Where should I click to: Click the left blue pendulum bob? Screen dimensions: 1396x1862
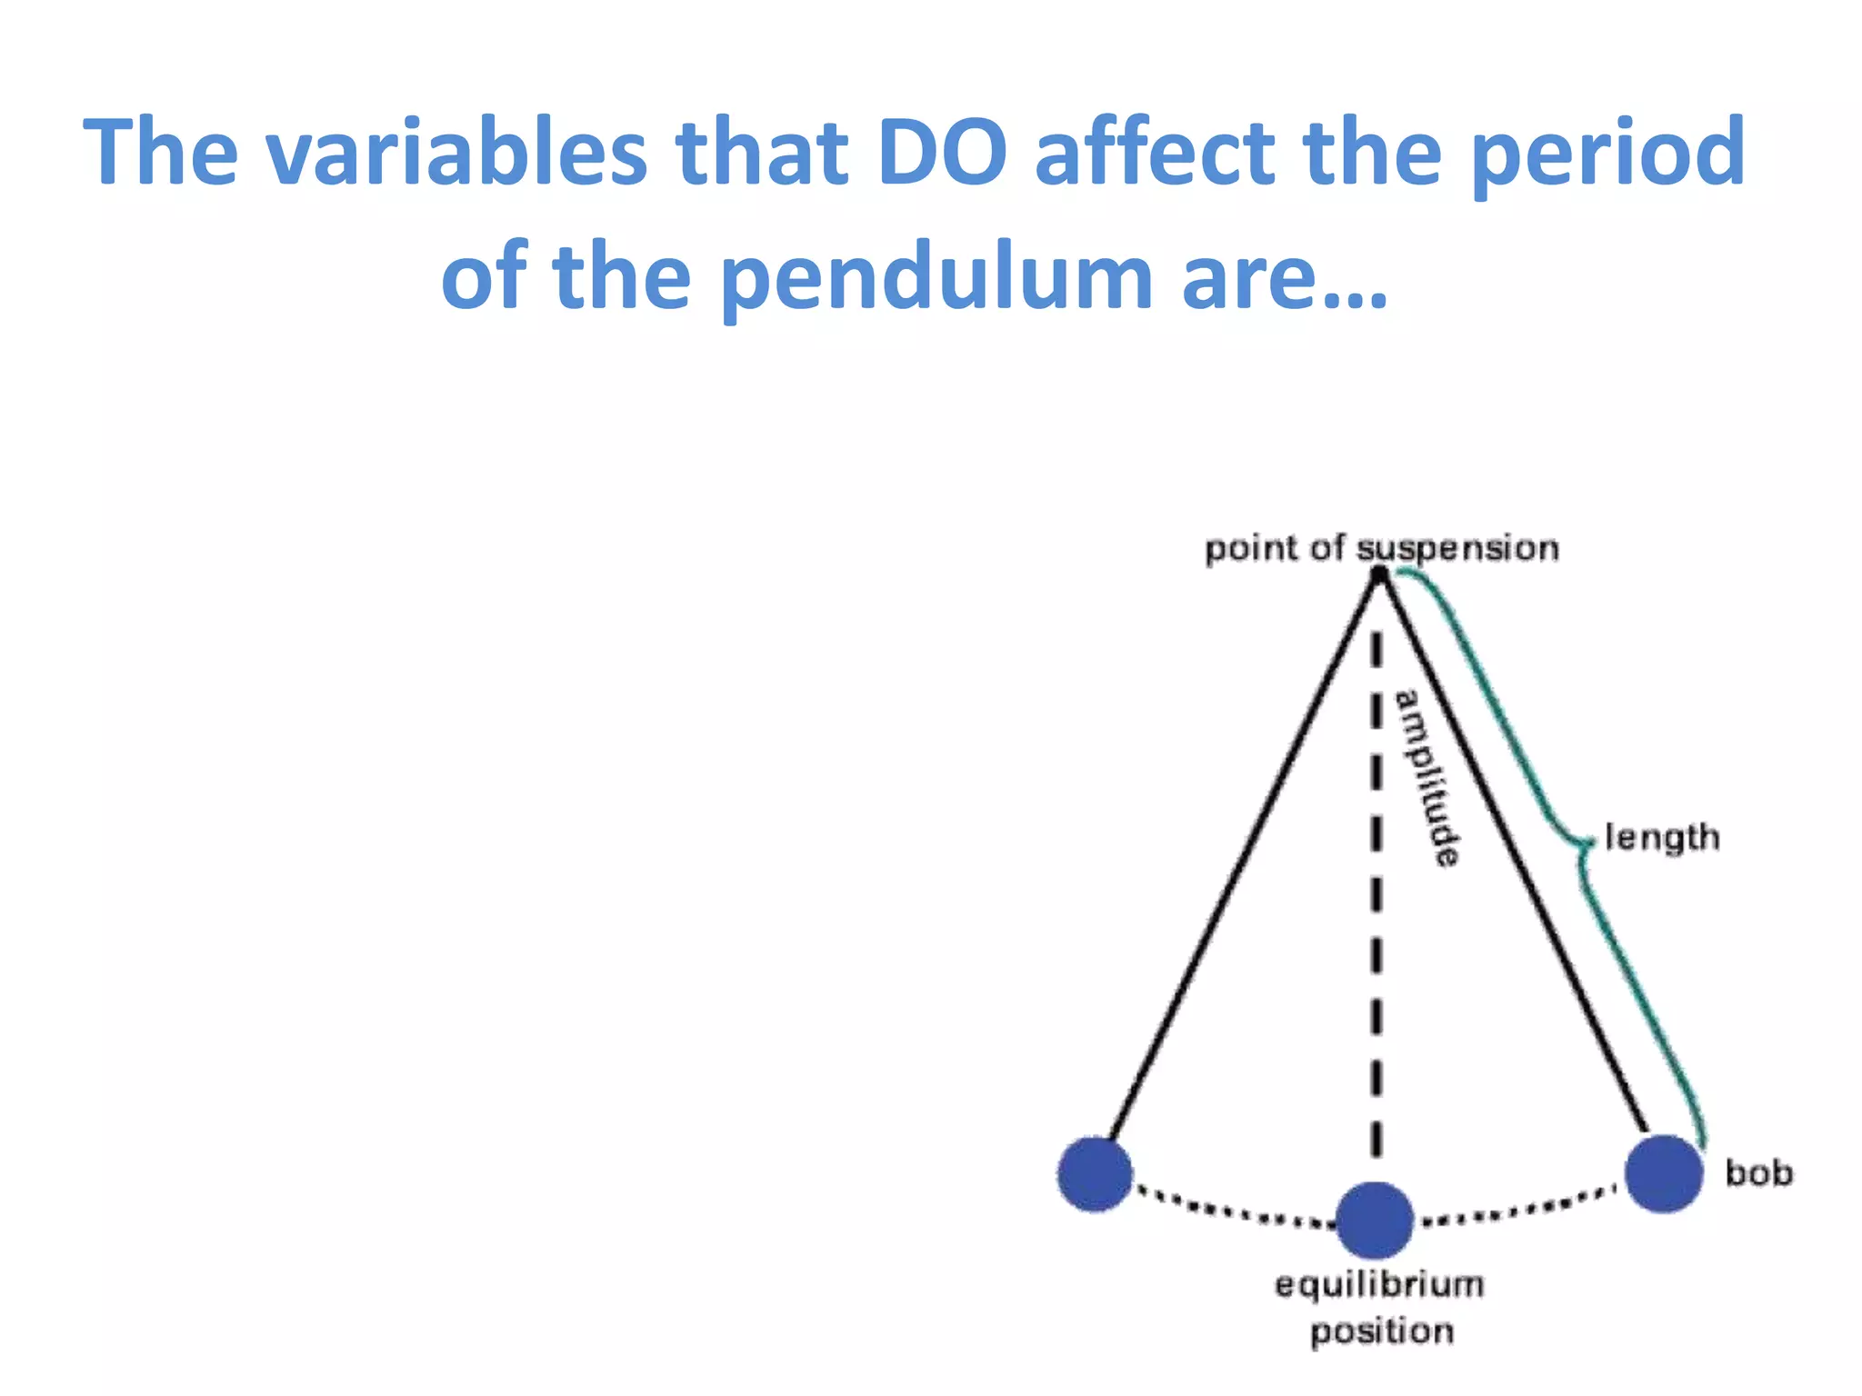coord(1095,1174)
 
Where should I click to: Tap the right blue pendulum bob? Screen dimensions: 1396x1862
coord(1663,1173)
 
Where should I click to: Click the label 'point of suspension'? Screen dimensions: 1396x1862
coord(1381,549)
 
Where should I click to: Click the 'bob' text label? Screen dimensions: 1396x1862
coord(1759,1172)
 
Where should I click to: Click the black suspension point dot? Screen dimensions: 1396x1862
coord(1379,573)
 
